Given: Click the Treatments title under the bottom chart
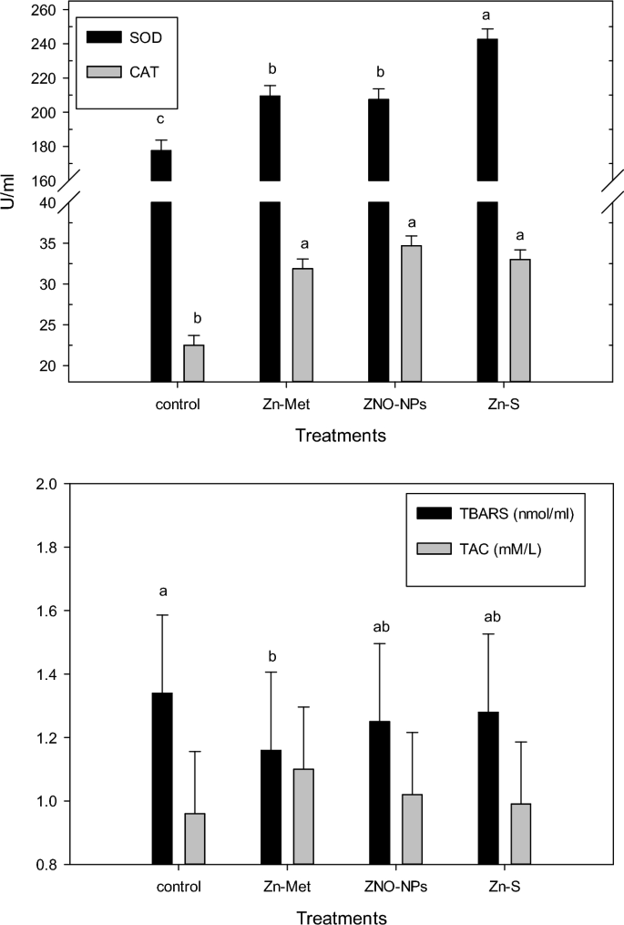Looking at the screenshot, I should [x=340, y=915].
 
